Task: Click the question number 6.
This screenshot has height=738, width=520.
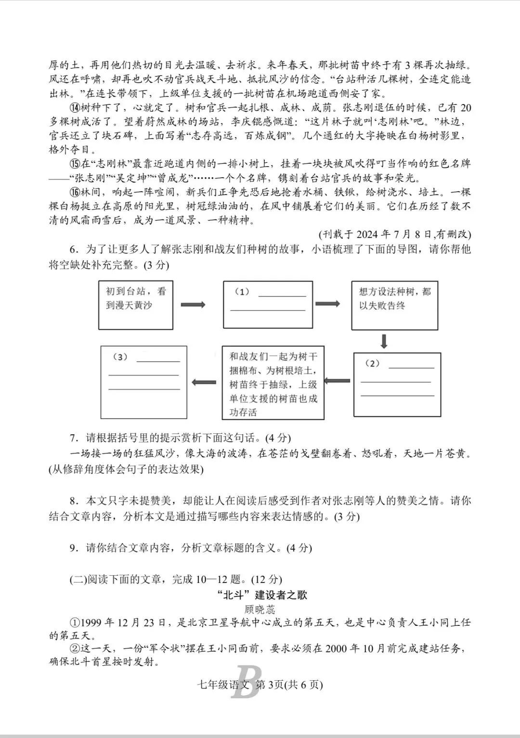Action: [x=73, y=249]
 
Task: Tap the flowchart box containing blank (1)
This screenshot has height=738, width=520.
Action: [x=268, y=304]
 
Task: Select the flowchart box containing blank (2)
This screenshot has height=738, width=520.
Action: [x=397, y=384]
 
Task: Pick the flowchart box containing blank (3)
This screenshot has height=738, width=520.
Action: [x=143, y=382]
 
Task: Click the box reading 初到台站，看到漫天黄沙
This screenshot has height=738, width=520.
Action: [x=135, y=305]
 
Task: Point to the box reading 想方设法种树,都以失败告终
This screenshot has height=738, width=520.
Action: [x=394, y=305]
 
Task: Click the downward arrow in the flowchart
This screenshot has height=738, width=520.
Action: [x=384, y=341]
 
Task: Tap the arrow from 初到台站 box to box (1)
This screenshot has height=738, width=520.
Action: [x=193, y=305]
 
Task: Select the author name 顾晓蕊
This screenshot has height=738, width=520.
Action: [x=260, y=609]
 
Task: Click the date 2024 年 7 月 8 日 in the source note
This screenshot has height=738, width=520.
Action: [x=389, y=234]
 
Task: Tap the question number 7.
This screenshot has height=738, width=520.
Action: [x=73, y=438]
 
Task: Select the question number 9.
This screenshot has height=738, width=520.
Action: [x=73, y=548]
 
